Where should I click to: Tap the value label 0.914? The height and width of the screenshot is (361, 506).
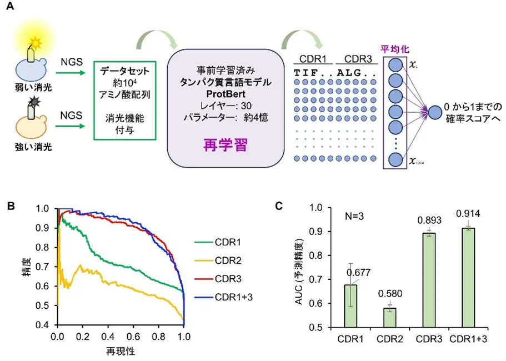click(x=467, y=213)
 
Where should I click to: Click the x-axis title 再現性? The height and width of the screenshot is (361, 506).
click(x=120, y=351)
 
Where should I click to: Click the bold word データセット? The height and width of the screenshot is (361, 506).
click(x=123, y=72)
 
